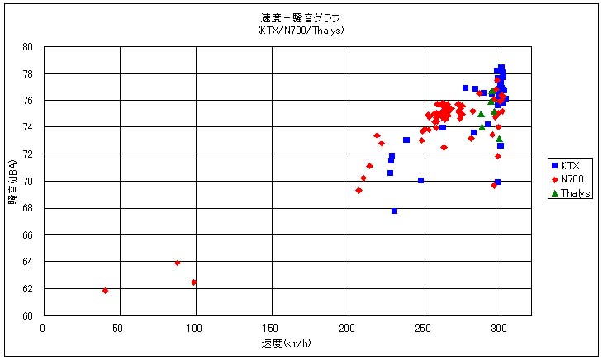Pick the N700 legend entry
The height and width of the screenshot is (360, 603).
point(572,179)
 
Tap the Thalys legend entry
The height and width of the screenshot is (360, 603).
point(575,192)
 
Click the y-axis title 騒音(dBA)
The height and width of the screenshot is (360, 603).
point(14,182)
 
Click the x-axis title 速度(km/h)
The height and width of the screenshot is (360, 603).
point(273,342)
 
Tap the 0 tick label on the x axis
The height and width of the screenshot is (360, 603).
point(44,327)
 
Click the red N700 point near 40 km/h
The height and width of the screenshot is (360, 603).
point(105,291)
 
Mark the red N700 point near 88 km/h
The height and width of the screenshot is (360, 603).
point(178,263)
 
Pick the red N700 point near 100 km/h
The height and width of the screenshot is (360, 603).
point(194,282)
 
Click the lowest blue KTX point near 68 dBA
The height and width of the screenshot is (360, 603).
point(394,211)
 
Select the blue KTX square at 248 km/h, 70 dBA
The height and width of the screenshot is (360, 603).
point(420,180)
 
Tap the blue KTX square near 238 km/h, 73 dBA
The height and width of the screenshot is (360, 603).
point(406,140)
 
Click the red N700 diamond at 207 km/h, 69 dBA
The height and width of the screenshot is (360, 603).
point(358,191)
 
